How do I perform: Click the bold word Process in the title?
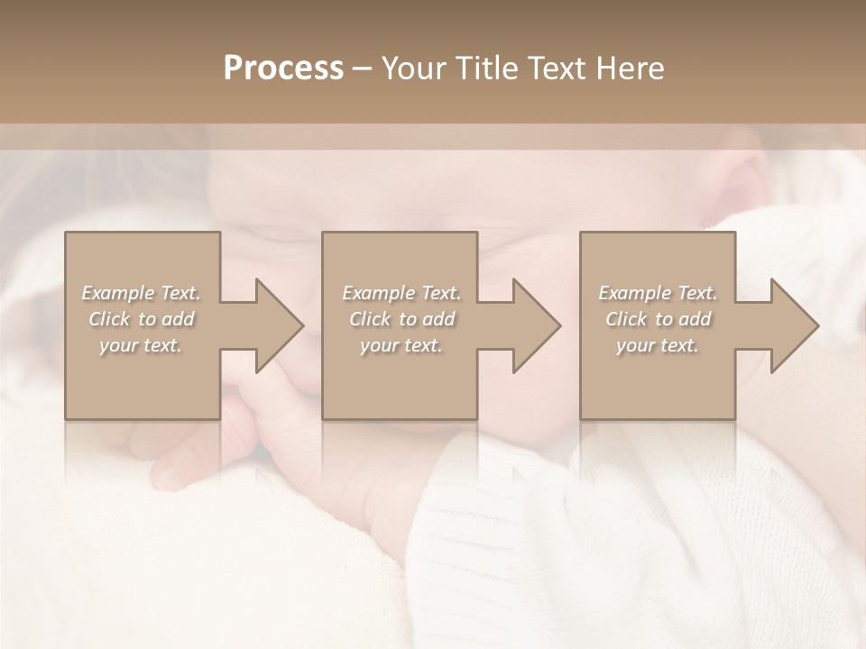pyautogui.click(x=283, y=69)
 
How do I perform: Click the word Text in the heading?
pyautogui.click(x=557, y=69)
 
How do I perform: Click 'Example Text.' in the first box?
pyautogui.click(x=142, y=293)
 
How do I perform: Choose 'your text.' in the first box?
pyautogui.click(x=142, y=345)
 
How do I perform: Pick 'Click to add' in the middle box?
pyautogui.click(x=401, y=319)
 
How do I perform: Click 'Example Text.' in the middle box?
pyautogui.click(x=401, y=293)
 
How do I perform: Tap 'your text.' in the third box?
pyautogui.click(x=658, y=345)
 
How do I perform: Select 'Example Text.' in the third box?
pyautogui.click(x=658, y=293)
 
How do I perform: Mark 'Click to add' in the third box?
pyautogui.click(x=658, y=319)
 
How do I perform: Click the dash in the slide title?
pyautogui.click(x=363, y=69)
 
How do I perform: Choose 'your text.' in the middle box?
pyautogui.click(x=401, y=345)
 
